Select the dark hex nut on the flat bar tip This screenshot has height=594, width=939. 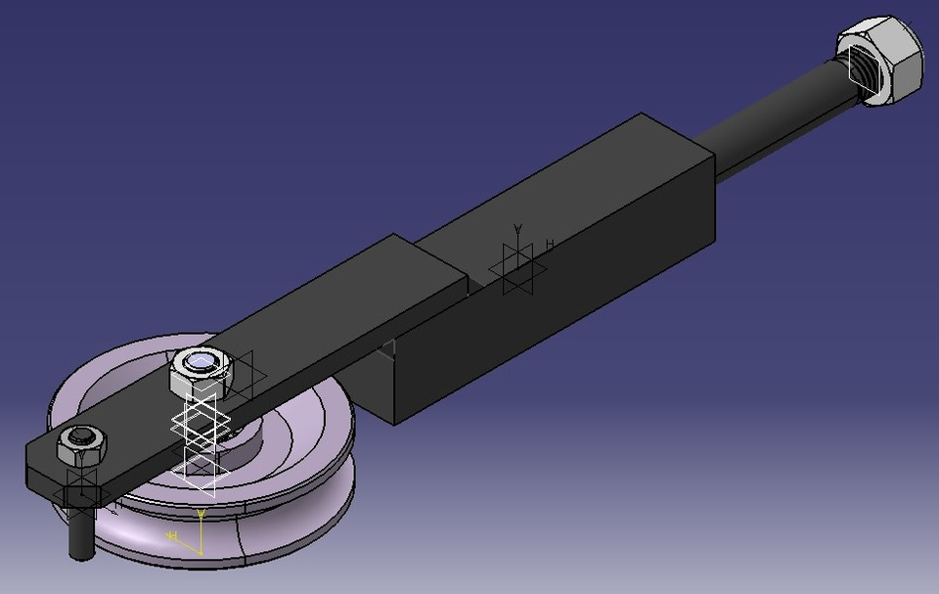click(82, 447)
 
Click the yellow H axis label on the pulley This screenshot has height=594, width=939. click(171, 536)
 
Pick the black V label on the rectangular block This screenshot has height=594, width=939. click(518, 229)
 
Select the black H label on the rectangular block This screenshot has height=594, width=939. click(550, 245)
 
